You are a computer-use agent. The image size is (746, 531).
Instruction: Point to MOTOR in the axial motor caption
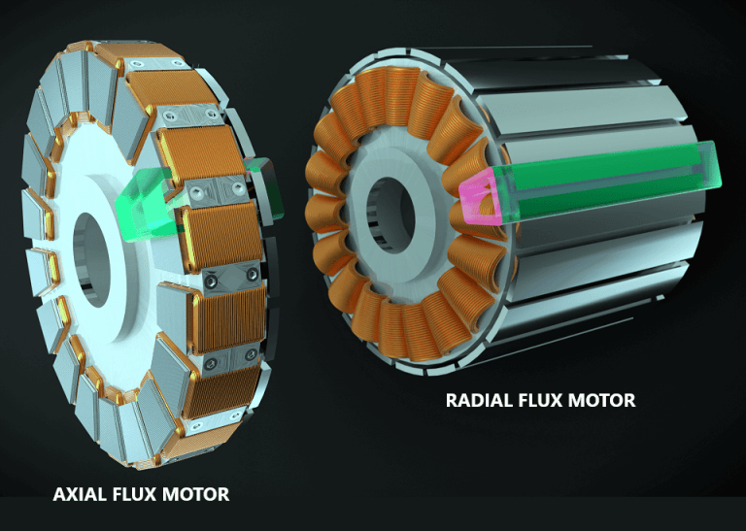pos(198,494)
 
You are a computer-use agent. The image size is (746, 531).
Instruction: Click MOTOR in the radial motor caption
pos(602,400)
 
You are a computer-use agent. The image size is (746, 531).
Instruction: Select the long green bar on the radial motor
pos(602,181)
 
